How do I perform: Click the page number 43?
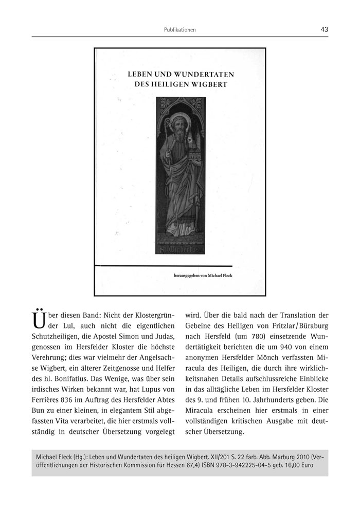324,29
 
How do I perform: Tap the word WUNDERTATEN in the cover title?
203,74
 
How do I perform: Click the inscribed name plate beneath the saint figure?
179,250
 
